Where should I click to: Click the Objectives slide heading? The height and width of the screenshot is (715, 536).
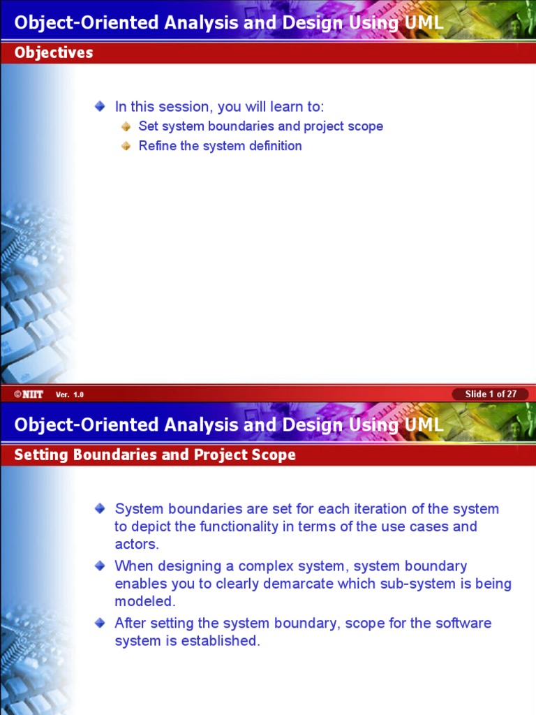[54, 53]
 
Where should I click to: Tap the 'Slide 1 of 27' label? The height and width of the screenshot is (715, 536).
[491, 394]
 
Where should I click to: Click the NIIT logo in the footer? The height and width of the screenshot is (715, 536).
[29, 395]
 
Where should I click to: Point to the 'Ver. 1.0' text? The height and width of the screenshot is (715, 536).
[70, 395]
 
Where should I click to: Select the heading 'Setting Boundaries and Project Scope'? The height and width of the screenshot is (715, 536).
[155, 455]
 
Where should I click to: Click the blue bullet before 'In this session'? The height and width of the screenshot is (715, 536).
[100, 106]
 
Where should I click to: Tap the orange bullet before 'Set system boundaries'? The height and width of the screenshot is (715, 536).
[126, 126]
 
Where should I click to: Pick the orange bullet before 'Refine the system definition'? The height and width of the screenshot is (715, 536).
[126, 146]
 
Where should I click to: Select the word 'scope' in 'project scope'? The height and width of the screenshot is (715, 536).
[366, 126]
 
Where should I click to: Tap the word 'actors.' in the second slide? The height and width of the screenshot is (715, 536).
[137, 545]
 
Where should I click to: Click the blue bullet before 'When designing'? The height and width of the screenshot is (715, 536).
[100, 565]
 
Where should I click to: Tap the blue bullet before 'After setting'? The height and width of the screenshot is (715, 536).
[100, 622]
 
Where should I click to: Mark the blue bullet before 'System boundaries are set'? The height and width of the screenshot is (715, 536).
[100, 508]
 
